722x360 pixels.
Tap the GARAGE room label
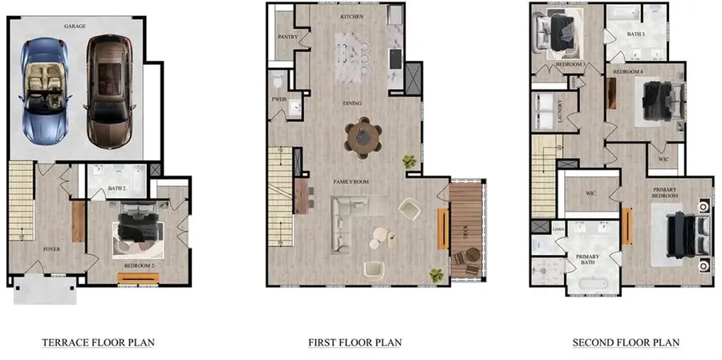click(75, 26)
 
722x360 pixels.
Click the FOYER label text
click(51, 249)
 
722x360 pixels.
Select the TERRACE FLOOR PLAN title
click(98, 342)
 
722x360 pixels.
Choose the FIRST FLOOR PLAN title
click(355, 342)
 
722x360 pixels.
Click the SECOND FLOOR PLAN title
click(626, 342)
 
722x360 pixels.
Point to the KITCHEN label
click(351, 17)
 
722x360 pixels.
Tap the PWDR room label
click(279, 99)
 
